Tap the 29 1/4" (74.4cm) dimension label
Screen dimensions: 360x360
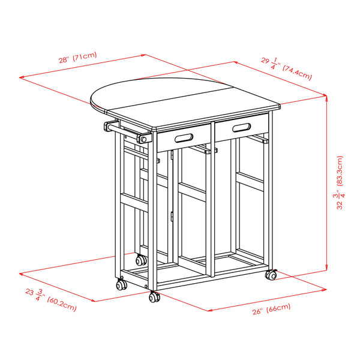[x=287, y=68]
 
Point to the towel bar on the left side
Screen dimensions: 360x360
[x=125, y=132]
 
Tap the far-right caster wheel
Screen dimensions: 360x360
[x=272, y=275]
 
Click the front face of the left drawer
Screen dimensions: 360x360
[x=184, y=138]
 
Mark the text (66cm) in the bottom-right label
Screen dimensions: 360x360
[x=278, y=308]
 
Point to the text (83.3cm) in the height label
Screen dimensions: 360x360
[x=340, y=171]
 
